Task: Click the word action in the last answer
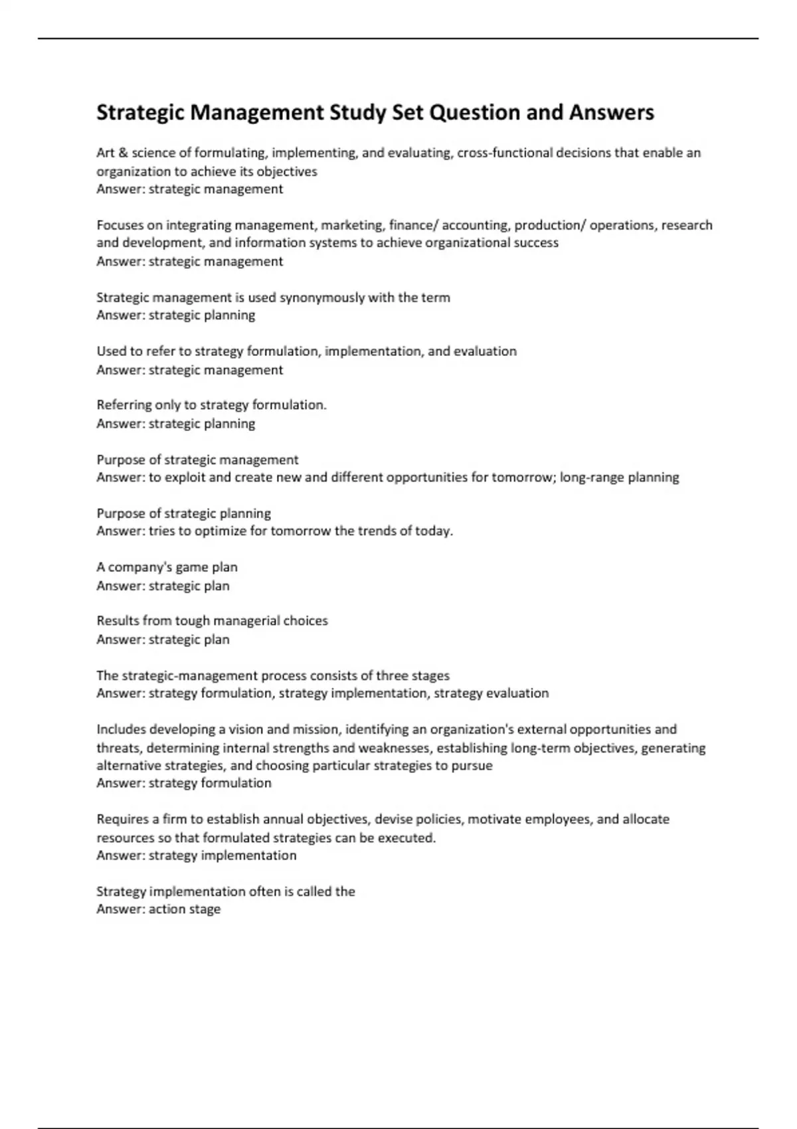166,909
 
